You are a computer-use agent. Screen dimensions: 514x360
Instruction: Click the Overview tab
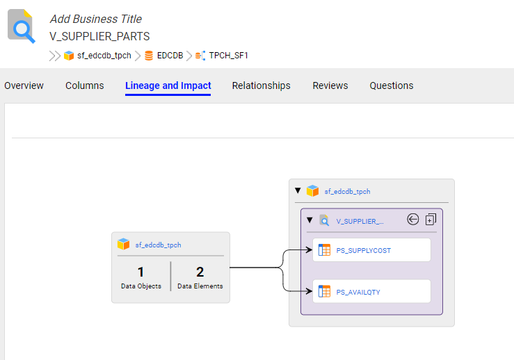[x=24, y=85]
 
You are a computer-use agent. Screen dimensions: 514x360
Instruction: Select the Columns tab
[x=85, y=85]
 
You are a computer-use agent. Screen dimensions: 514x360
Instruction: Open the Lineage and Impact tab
[x=168, y=85]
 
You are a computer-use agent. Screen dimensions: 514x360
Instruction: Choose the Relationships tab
[x=262, y=85]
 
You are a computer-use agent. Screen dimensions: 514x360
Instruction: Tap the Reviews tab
[x=330, y=85]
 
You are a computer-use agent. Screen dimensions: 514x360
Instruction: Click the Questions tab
[x=392, y=85]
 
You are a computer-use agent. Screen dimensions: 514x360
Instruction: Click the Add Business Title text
[x=96, y=19]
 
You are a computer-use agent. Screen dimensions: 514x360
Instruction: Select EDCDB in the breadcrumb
[x=170, y=56]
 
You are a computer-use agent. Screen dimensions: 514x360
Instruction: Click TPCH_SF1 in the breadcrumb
[x=228, y=56]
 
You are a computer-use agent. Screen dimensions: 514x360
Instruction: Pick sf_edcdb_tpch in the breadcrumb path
[x=104, y=56]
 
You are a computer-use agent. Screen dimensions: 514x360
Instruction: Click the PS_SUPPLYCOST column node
[x=371, y=250]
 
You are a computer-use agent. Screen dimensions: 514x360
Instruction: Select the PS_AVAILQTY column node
[x=371, y=291]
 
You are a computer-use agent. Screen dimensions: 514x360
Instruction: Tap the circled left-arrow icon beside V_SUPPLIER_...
[x=412, y=219]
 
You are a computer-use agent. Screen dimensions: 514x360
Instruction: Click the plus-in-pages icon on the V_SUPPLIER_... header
[x=431, y=219]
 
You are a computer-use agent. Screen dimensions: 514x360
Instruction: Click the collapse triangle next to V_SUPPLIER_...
[x=310, y=220]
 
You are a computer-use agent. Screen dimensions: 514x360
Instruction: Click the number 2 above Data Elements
[x=200, y=272]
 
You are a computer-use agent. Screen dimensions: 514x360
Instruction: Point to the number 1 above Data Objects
[x=140, y=272]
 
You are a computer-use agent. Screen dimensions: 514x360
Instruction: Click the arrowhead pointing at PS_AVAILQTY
[x=309, y=291]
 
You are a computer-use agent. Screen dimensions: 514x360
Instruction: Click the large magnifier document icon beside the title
[x=22, y=26]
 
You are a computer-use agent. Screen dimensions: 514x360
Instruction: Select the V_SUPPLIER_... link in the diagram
[x=360, y=222]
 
